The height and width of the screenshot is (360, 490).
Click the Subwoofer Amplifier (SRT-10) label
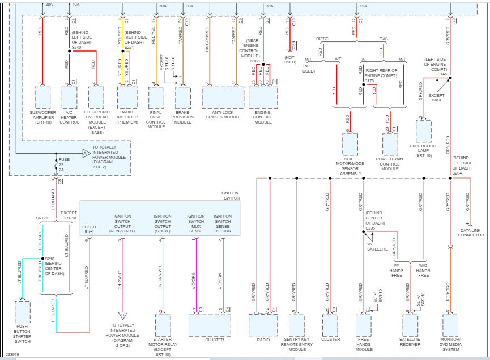[x=42, y=117]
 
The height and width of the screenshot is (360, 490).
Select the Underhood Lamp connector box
[x=424, y=131]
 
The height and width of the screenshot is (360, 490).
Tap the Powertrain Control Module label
[x=390, y=164]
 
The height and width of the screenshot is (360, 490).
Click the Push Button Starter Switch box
[x=23, y=312]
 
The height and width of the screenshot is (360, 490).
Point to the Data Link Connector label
[x=471, y=232]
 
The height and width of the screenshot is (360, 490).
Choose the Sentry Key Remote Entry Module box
[x=297, y=325]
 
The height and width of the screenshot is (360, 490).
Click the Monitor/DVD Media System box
[x=450, y=325]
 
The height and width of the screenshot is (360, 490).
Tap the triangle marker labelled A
[x=85, y=153]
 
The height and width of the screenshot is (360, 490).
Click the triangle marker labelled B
[x=121, y=315]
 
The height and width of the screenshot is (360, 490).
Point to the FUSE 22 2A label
[x=65, y=164]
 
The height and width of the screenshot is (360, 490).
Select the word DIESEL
[x=323, y=39]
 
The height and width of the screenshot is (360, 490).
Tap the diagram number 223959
[x=12, y=355]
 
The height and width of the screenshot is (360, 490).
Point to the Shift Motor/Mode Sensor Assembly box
[x=350, y=145]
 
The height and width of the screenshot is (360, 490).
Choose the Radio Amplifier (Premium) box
[x=127, y=98]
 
